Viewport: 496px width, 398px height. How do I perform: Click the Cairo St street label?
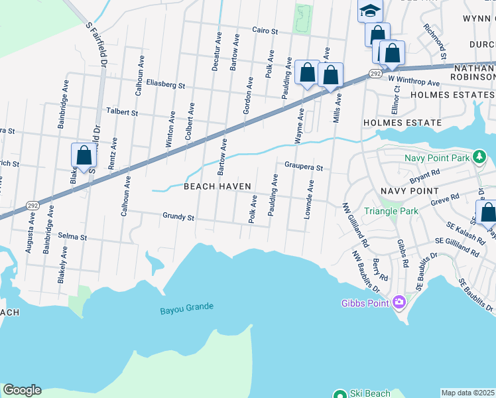click(x=263, y=31)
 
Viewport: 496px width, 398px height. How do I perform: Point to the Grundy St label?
click(x=178, y=216)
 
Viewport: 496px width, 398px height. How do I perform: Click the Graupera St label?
click(x=303, y=167)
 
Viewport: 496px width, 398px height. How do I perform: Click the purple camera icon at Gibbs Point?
click(x=399, y=302)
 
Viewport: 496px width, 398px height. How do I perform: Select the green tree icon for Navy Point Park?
click(x=479, y=157)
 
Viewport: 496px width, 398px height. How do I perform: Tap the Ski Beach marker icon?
click(x=340, y=394)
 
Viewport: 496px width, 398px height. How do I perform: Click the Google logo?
click(x=22, y=390)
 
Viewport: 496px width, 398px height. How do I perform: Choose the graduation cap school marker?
click(x=370, y=10)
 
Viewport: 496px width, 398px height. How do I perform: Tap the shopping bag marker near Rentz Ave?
click(x=84, y=156)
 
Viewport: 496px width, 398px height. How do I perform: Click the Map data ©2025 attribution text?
click(x=467, y=393)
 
